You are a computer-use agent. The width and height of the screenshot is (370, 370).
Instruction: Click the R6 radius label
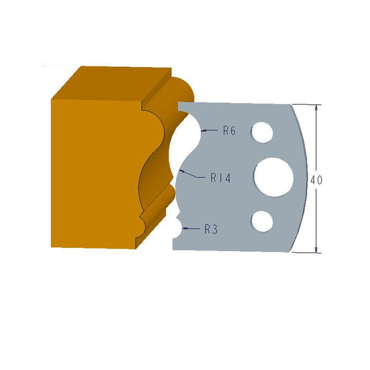229,131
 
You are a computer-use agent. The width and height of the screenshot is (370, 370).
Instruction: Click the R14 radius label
220,179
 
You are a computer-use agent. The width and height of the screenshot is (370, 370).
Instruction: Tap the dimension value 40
316,180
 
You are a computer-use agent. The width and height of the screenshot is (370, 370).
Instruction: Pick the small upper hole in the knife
263,132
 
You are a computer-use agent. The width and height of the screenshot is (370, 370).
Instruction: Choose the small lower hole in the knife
262,221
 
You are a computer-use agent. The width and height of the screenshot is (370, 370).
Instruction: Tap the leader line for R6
211,129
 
